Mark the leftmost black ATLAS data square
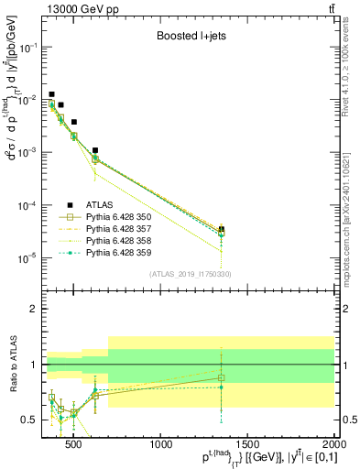click(52, 94)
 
